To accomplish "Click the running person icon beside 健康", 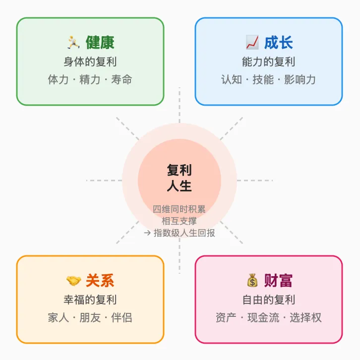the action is [x=73, y=42].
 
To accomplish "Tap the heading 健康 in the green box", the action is [x=100, y=43].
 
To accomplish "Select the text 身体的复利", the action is [x=90, y=62].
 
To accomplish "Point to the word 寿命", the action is [x=121, y=79].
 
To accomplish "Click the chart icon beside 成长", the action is [x=252, y=42].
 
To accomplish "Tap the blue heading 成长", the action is [x=278, y=43].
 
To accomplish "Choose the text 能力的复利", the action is [x=268, y=62].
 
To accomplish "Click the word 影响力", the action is [x=300, y=79].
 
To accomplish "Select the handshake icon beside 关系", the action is [x=73, y=281].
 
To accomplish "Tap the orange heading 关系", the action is [x=100, y=281].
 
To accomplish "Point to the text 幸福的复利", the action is [x=90, y=300].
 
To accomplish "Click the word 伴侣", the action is [x=121, y=317].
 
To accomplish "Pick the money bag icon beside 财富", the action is [x=252, y=281].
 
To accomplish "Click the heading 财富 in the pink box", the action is [x=278, y=281].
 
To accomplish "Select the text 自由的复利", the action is [x=268, y=300].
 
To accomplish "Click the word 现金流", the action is [x=268, y=317].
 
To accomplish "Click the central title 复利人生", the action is [x=179, y=178].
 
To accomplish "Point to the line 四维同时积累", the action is [x=179, y=209].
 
